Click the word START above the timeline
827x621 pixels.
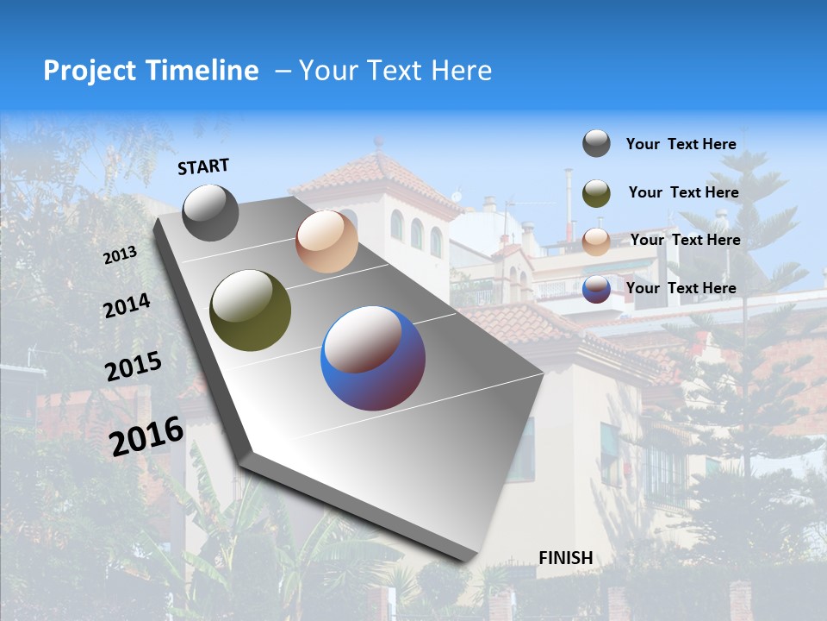click(203, 166)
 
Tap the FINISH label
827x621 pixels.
click(566, 558)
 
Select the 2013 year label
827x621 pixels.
click(120, 255)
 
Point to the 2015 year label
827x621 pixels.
click(133, 367)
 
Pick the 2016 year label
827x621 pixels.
click(146, 436)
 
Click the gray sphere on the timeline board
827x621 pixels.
click(210, 212)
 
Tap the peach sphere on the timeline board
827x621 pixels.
click(326, 241)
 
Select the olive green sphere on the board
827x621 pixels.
click(250, 310)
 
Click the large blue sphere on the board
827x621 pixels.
click(373, 358)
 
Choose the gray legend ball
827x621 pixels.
click(596, 143)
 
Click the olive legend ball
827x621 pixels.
click(596, 193)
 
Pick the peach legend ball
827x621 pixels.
click(596, 241)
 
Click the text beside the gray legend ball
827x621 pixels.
click(681, 144)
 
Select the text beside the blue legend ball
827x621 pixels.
click(681, 288)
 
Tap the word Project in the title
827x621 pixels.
click(90, 71)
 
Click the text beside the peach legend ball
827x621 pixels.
click(685, 240)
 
